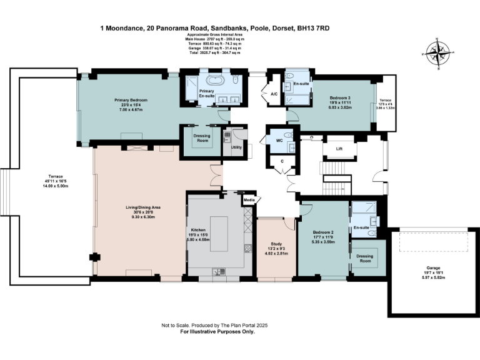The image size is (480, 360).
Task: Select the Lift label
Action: tap(339, 149)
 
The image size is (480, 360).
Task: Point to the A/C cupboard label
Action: tap(274, 94)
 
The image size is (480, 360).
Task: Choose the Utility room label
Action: tap(236, 147)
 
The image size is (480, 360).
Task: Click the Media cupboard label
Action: tap(249, 200)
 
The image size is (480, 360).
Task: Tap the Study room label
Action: tap(276, 244)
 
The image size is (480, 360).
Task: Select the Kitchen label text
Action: tap(198, 230)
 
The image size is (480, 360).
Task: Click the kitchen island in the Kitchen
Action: tap(219, 232)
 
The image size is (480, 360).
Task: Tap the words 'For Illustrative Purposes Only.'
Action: tap(217, 332)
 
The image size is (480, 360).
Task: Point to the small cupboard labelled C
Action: tap(282, 161)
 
